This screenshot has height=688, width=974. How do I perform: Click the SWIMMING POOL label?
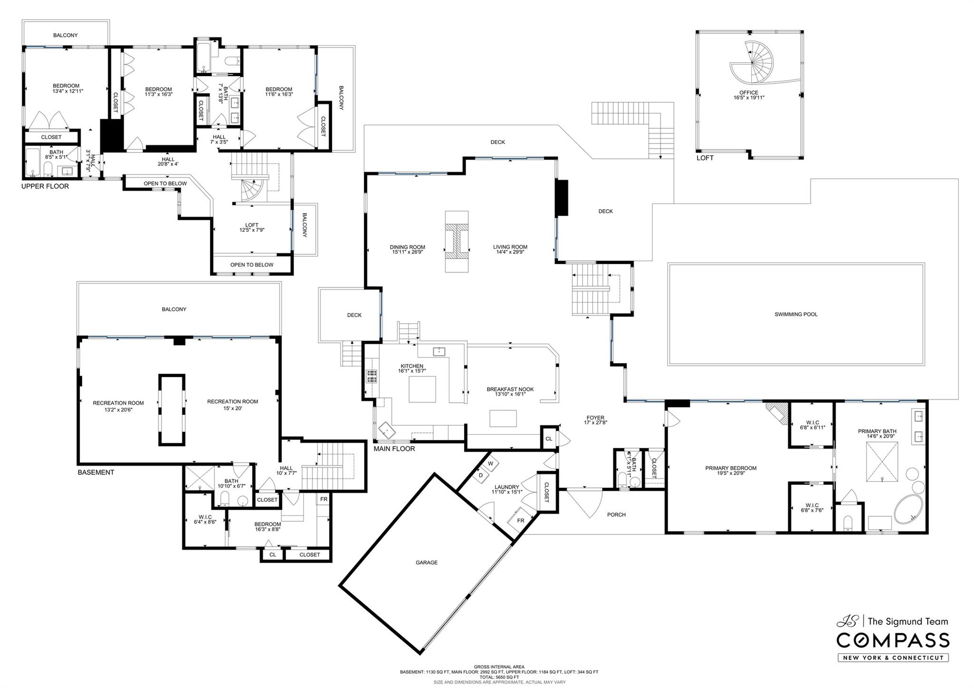(x=796, y=314)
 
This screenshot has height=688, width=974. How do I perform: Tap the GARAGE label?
(x=426, y=562)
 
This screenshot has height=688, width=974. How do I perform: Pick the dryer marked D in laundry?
(x=481, y=475)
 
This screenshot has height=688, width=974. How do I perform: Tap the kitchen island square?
(x=422, y=389)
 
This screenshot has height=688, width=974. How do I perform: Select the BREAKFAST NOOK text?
(x=510, y=389)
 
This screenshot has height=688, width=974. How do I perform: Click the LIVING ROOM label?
(x=510, y=247)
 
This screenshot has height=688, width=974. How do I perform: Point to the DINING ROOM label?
(x=407, y=247)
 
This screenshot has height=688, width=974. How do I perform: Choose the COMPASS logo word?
(x=893, y=640)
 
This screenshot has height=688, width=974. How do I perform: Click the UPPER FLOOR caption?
(x=45, y=186)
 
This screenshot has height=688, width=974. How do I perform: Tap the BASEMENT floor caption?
(x=96, y=472)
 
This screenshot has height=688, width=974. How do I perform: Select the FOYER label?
(x=595, y=418)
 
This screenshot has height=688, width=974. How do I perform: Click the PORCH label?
(x=616, y=514)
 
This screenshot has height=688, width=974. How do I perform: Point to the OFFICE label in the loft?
(x=749, y=93)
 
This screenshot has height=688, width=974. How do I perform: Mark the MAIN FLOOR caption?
(x=394, y=449)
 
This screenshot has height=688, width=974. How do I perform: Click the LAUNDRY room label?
(x=506, y=487)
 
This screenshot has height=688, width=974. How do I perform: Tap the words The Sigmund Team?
(x=908, y=621)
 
